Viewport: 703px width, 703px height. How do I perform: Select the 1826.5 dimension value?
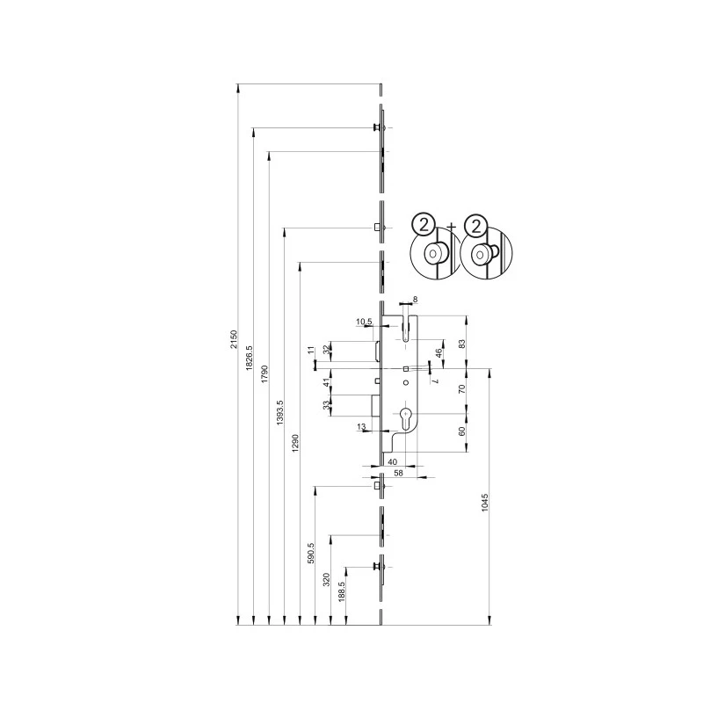[x=250, y=359]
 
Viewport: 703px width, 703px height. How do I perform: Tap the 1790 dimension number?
[x=265, y=374]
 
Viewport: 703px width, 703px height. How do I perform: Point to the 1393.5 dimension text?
[x=280, y=412]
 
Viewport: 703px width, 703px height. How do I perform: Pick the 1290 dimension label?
[x=295, y=443]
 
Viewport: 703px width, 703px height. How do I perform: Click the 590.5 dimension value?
[x=311, y=553]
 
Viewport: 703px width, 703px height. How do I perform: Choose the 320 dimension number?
[x=326, y=579]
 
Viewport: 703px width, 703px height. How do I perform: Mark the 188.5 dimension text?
[x=342, y=591]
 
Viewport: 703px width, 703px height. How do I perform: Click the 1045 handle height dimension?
[x=485, y=503]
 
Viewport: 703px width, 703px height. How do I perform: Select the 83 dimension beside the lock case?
[x=462, y=344]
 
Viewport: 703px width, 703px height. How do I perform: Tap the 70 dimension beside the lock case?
[x=462, y=388]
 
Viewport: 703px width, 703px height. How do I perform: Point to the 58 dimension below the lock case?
[x=398, y=473]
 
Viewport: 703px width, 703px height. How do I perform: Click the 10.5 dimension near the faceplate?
[x=364, y=322]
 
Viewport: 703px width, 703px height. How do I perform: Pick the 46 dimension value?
[x=439, y=353]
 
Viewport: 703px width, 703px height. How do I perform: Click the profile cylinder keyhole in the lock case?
[x=405, y=417]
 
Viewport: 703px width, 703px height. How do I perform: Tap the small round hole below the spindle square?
[x=406, y=383]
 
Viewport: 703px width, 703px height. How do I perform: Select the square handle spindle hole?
[x=405, y=368]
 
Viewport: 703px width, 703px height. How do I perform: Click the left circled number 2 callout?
[x=424, y=224]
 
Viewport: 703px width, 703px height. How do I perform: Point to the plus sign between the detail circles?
[x=452, y=228]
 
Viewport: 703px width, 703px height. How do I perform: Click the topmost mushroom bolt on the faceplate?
[x=378, y=127]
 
